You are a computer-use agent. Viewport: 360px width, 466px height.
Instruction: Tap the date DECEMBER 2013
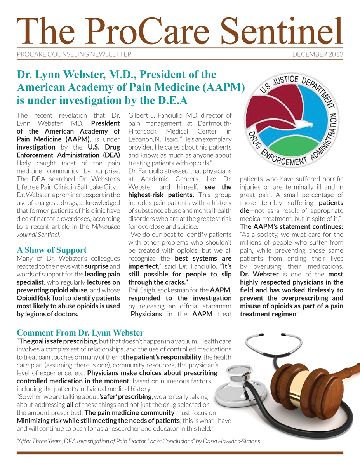pyautogui.click(x=318, y=54)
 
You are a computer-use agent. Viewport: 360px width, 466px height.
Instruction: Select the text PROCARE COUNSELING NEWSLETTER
pyautogui.click(x=74, y=54)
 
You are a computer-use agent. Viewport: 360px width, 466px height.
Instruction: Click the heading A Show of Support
pyautogui.click(x=52, y=250)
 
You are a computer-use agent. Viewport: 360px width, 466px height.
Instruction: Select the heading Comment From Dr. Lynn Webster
pyautogui.click(x=80, y=333)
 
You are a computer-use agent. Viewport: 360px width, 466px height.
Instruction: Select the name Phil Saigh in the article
pyautogui.click(x=145, y=290)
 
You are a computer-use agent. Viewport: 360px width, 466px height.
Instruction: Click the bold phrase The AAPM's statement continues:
pyautogui.click(x=291, y=226)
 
